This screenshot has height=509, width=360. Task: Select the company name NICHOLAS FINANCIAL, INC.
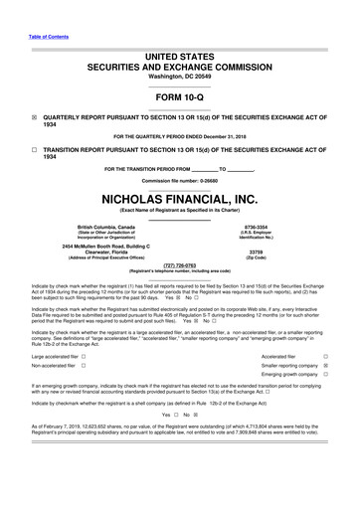179,200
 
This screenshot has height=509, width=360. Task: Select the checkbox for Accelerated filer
325,355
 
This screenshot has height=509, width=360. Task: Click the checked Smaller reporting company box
325,366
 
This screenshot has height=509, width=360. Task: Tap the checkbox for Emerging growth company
325,377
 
